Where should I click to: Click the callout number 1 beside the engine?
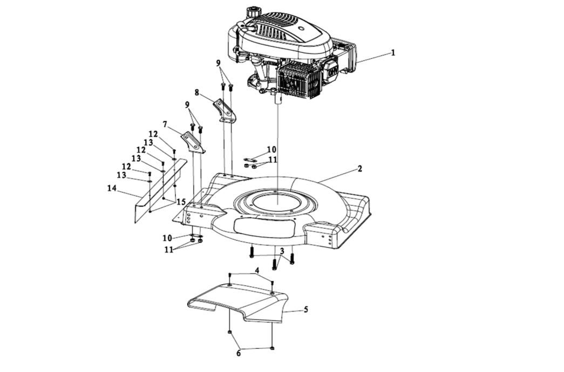coord(393,52)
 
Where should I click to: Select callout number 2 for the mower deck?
coord(359,168)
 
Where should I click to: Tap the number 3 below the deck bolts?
coord(282,251)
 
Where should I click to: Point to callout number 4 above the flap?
coord(257,270)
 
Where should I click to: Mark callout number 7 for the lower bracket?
coord(165,124)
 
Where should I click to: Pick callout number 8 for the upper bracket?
coord(197,92)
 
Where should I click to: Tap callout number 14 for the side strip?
coord(112,188)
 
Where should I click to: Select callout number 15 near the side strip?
coord(181,202)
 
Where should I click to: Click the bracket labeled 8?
coord(225,111)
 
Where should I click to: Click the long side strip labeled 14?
coord(157,191)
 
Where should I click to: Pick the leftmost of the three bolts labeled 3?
coord(252,251)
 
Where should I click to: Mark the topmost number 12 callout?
coord(154,134)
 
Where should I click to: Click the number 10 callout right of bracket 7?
coord(271,149)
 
